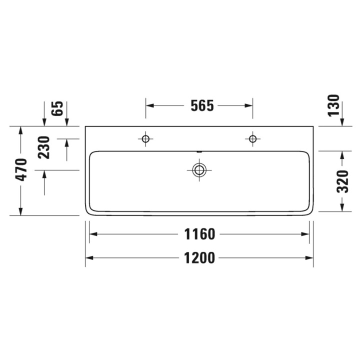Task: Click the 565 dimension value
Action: click(202, 105)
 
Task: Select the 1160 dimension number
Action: click(200, 234)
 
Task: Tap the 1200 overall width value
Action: click(200, 258)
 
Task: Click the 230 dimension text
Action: click(44, 147)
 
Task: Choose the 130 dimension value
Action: click(334, 105)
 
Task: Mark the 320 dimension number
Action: click(342, 181)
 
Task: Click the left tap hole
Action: click(145, 138)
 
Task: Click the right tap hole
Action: click(252, 138)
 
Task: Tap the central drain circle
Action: click(199, 170)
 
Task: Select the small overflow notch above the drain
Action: click(199, 151)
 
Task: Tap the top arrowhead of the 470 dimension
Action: click(20, 130)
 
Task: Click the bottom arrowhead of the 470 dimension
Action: click(20, 211)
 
